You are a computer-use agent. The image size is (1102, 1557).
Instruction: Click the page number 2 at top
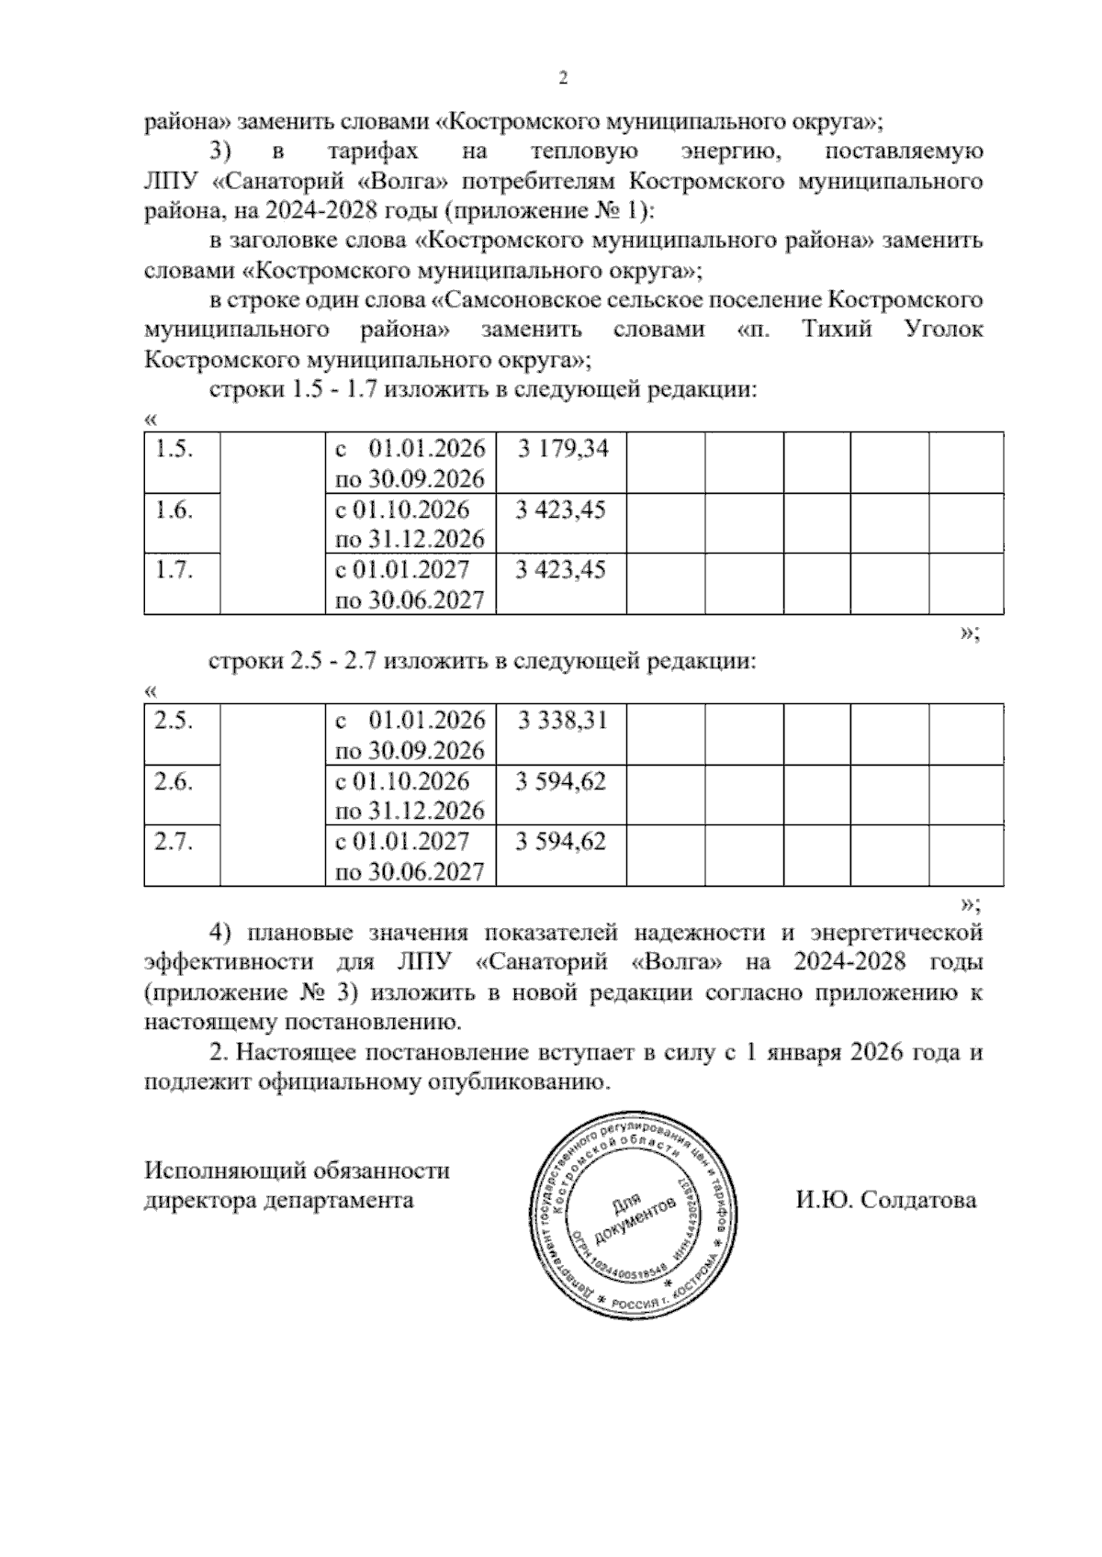pos(564,79)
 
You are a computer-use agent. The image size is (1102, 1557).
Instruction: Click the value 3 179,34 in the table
pos(562,450)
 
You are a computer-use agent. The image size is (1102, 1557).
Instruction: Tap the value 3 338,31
pos(562,721)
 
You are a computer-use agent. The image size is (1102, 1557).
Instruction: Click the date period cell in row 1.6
pos(410,523)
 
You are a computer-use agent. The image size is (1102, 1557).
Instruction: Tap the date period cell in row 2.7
pos(410,856)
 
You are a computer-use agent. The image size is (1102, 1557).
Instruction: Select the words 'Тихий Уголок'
pos(892,330)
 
